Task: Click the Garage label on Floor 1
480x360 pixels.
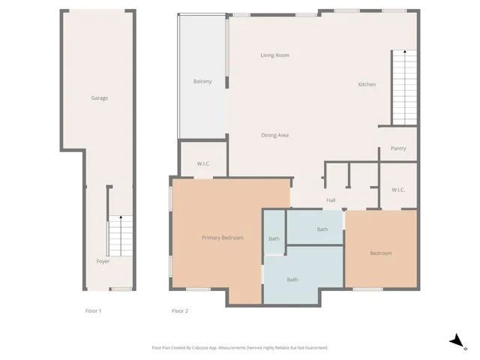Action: tap(100, 98)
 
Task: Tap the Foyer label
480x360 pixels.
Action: tap(103, 262)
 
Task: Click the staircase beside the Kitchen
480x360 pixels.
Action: tap(403, 88)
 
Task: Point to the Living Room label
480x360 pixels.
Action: tap(274, 55)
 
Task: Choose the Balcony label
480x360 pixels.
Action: tap(202, 82)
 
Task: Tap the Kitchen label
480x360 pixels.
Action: tap(366, 85)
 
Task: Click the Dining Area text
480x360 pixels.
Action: tap(274, 135)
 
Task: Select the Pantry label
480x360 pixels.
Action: tap(398, 148)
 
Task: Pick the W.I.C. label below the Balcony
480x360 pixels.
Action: tap(202, 163)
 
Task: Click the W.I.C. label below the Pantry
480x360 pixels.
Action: tap(398, 190)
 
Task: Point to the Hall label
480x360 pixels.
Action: tap(330, 200)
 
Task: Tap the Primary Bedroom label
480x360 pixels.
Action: tap(222, 238)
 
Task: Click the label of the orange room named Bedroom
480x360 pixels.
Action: tap(380, 253)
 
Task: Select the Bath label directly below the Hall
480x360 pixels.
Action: tap(322, 229)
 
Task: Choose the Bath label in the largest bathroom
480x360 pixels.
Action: tap(292, 280)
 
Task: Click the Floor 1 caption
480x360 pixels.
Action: tap(94, 310)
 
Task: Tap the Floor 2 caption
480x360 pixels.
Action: tap(179, 310)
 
